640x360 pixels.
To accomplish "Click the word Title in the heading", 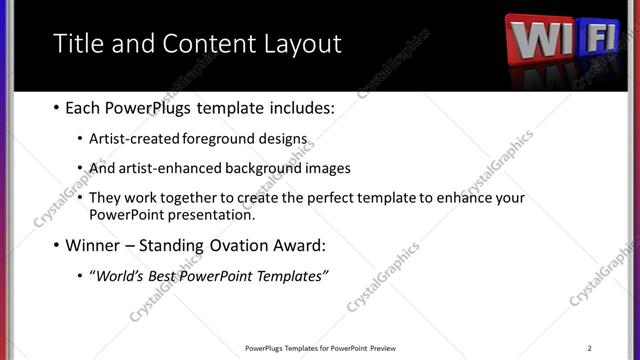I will (76, 44).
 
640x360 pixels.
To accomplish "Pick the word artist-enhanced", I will (167, 169).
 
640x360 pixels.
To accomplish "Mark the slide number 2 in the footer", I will (589, 348).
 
